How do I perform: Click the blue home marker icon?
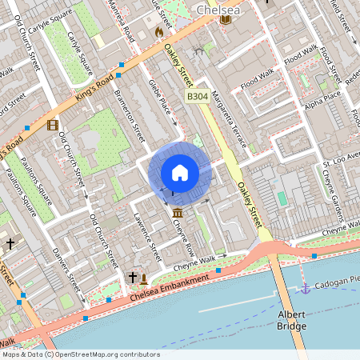[180, 173]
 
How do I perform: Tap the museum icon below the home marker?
[176, 211]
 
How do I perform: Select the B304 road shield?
[198, 96]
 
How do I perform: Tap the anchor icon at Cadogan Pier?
[305, 287]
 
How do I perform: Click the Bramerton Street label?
[128, 112]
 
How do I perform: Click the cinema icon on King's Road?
[53, 125]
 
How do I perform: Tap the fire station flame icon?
[158, 32]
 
